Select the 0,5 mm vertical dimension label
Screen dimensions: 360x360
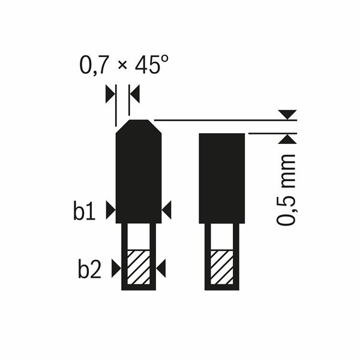pos(287,189)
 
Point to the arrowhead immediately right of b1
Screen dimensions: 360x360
pos(110,209)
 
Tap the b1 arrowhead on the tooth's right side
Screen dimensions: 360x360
pos(167,209)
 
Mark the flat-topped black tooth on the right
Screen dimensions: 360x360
pos(221,177)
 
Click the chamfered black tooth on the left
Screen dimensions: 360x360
pos(139,174)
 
